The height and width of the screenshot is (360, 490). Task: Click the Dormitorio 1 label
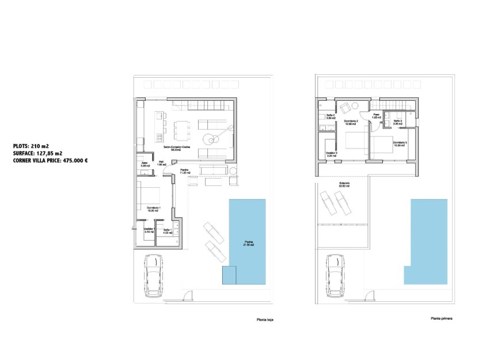[153, 208]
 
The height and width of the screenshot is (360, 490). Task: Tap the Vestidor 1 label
[149, 230]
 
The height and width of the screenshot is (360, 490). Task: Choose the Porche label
[185, 170]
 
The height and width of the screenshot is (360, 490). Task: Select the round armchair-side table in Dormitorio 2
[355, 105]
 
